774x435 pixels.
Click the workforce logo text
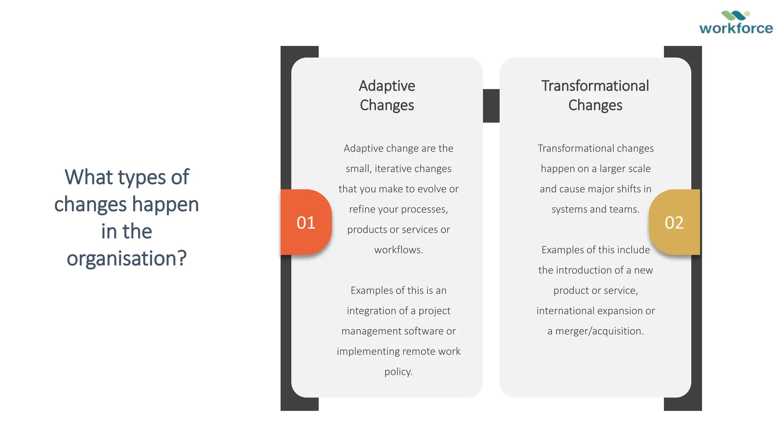(x=736, y=29)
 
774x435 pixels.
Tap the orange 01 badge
(x=306, y=222)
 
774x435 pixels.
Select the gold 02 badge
(x=674, y=222)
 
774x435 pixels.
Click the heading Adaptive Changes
(x=387, y=96)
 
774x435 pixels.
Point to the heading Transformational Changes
(x=595, y=96)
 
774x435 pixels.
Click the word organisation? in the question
(x=127, y=259)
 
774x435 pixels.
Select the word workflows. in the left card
(x=398, y=250)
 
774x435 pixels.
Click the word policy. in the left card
(x=398, y=372)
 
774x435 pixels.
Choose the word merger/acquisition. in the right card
(x=599, y=331)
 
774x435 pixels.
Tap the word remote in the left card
(x=418, y=352)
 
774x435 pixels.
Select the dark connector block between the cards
(x=491, y=106)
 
